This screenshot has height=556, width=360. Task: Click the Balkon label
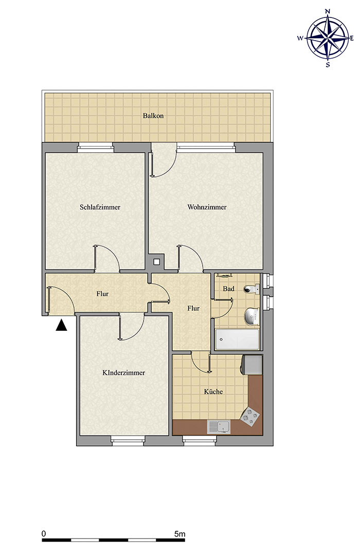click(153, 116)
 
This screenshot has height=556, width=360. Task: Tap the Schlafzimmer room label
click(100, 207)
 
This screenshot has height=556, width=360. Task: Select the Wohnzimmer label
click(207, 207)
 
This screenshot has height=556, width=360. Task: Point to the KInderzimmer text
click(123, 373)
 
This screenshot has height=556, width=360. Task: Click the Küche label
click(213, 391)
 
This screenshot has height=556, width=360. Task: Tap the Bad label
click(228, 289)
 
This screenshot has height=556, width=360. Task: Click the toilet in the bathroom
click(252, 289)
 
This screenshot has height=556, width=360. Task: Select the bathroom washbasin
click(253, 316)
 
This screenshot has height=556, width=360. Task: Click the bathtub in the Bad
click(237, 339)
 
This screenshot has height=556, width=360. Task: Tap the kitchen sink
click(219, 426)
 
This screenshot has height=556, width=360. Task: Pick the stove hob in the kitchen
click(250, 416)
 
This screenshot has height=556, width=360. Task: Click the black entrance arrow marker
click(61, 326)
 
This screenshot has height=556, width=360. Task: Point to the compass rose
click(328, 38)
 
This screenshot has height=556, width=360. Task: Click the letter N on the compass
click(328, 11)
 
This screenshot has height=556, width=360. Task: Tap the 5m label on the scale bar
click(180, 534)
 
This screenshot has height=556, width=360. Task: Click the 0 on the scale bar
click(44, 534)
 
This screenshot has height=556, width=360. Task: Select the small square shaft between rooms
click(156, 262)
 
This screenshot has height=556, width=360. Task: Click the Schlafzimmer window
click(96, 148)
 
